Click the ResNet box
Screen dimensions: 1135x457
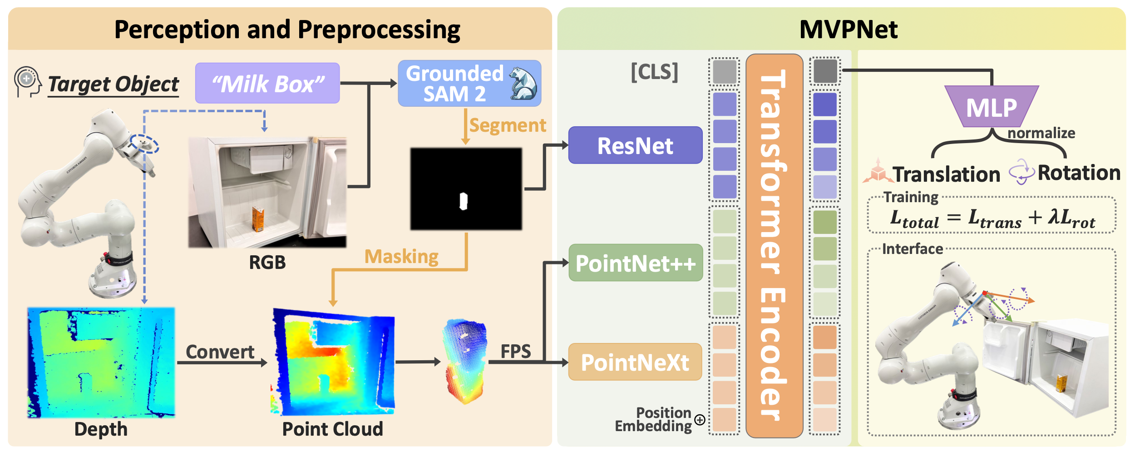point(635,145)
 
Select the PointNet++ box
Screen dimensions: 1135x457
point(636,263)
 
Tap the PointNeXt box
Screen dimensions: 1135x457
point(635,362)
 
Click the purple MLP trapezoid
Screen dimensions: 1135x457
point(992,106)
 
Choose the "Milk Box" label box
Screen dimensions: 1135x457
point(267,83)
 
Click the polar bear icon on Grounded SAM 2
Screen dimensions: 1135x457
point(523,83)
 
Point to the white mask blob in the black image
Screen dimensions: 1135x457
point(463,201)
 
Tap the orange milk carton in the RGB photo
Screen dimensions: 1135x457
point(258,218)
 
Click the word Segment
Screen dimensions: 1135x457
point(508,125)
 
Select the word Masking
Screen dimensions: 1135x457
point(401,257)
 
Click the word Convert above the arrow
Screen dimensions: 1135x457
point(220,352)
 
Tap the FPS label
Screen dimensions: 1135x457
point(516,351)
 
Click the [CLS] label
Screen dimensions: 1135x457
point(655,72)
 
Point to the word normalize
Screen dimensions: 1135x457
point(1041,133)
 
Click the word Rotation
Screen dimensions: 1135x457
point(1079,173)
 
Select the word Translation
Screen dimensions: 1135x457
point(946,174)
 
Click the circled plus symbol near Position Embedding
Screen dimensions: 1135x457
point(700,420)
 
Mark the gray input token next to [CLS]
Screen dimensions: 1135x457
point(725,72)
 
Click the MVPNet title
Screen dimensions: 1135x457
point(848,30)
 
